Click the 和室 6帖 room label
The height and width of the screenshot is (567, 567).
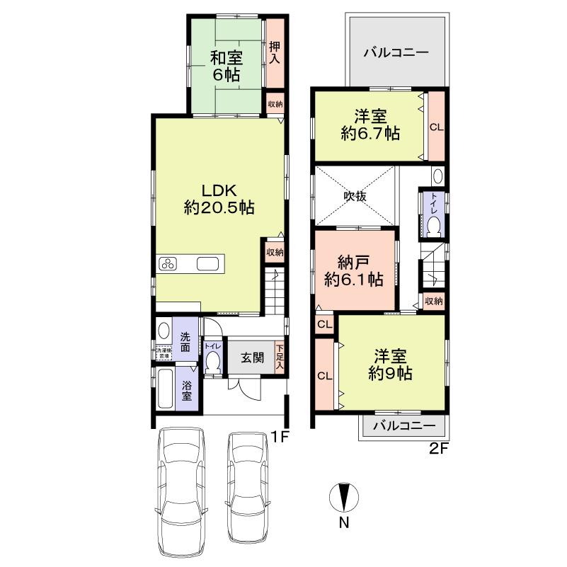coord(226,65)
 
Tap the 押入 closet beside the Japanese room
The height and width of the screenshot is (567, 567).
coord(274,53)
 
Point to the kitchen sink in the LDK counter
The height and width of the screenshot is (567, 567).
coord(207,265)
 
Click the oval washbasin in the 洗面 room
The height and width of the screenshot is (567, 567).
coord(164,332)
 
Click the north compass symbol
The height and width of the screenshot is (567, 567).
coord(343,498)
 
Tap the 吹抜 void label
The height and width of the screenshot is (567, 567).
coord(355,196)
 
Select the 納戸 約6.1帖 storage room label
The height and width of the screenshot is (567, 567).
coord(354,270)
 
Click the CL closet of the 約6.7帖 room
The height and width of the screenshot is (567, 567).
coord(437,127)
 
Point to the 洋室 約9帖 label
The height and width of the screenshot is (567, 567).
coord(390,365)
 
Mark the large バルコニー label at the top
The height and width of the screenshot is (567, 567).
coord(396,52)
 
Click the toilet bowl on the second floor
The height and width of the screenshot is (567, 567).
coord(433,227)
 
